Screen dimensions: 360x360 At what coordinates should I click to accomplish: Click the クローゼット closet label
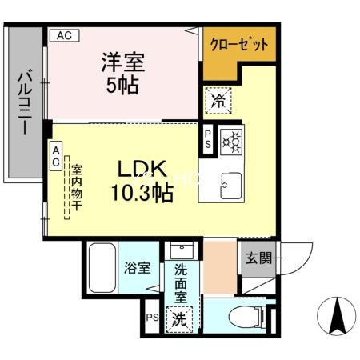click(238, 45)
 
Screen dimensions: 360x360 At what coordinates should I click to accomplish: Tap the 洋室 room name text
click(122, 60)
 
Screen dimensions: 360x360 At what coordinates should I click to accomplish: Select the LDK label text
click(142, 170)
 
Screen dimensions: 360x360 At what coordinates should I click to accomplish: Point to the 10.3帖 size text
click(142, 192)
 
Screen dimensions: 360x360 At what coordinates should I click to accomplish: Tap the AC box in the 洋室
click(65, 35)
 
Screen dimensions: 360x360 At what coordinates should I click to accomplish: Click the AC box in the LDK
click(56, 156)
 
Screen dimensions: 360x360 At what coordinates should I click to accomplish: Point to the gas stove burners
click(233, 141)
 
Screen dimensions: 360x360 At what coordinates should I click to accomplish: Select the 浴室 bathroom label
click(136, 268)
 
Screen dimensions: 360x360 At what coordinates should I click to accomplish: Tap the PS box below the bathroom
click(151, 316)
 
